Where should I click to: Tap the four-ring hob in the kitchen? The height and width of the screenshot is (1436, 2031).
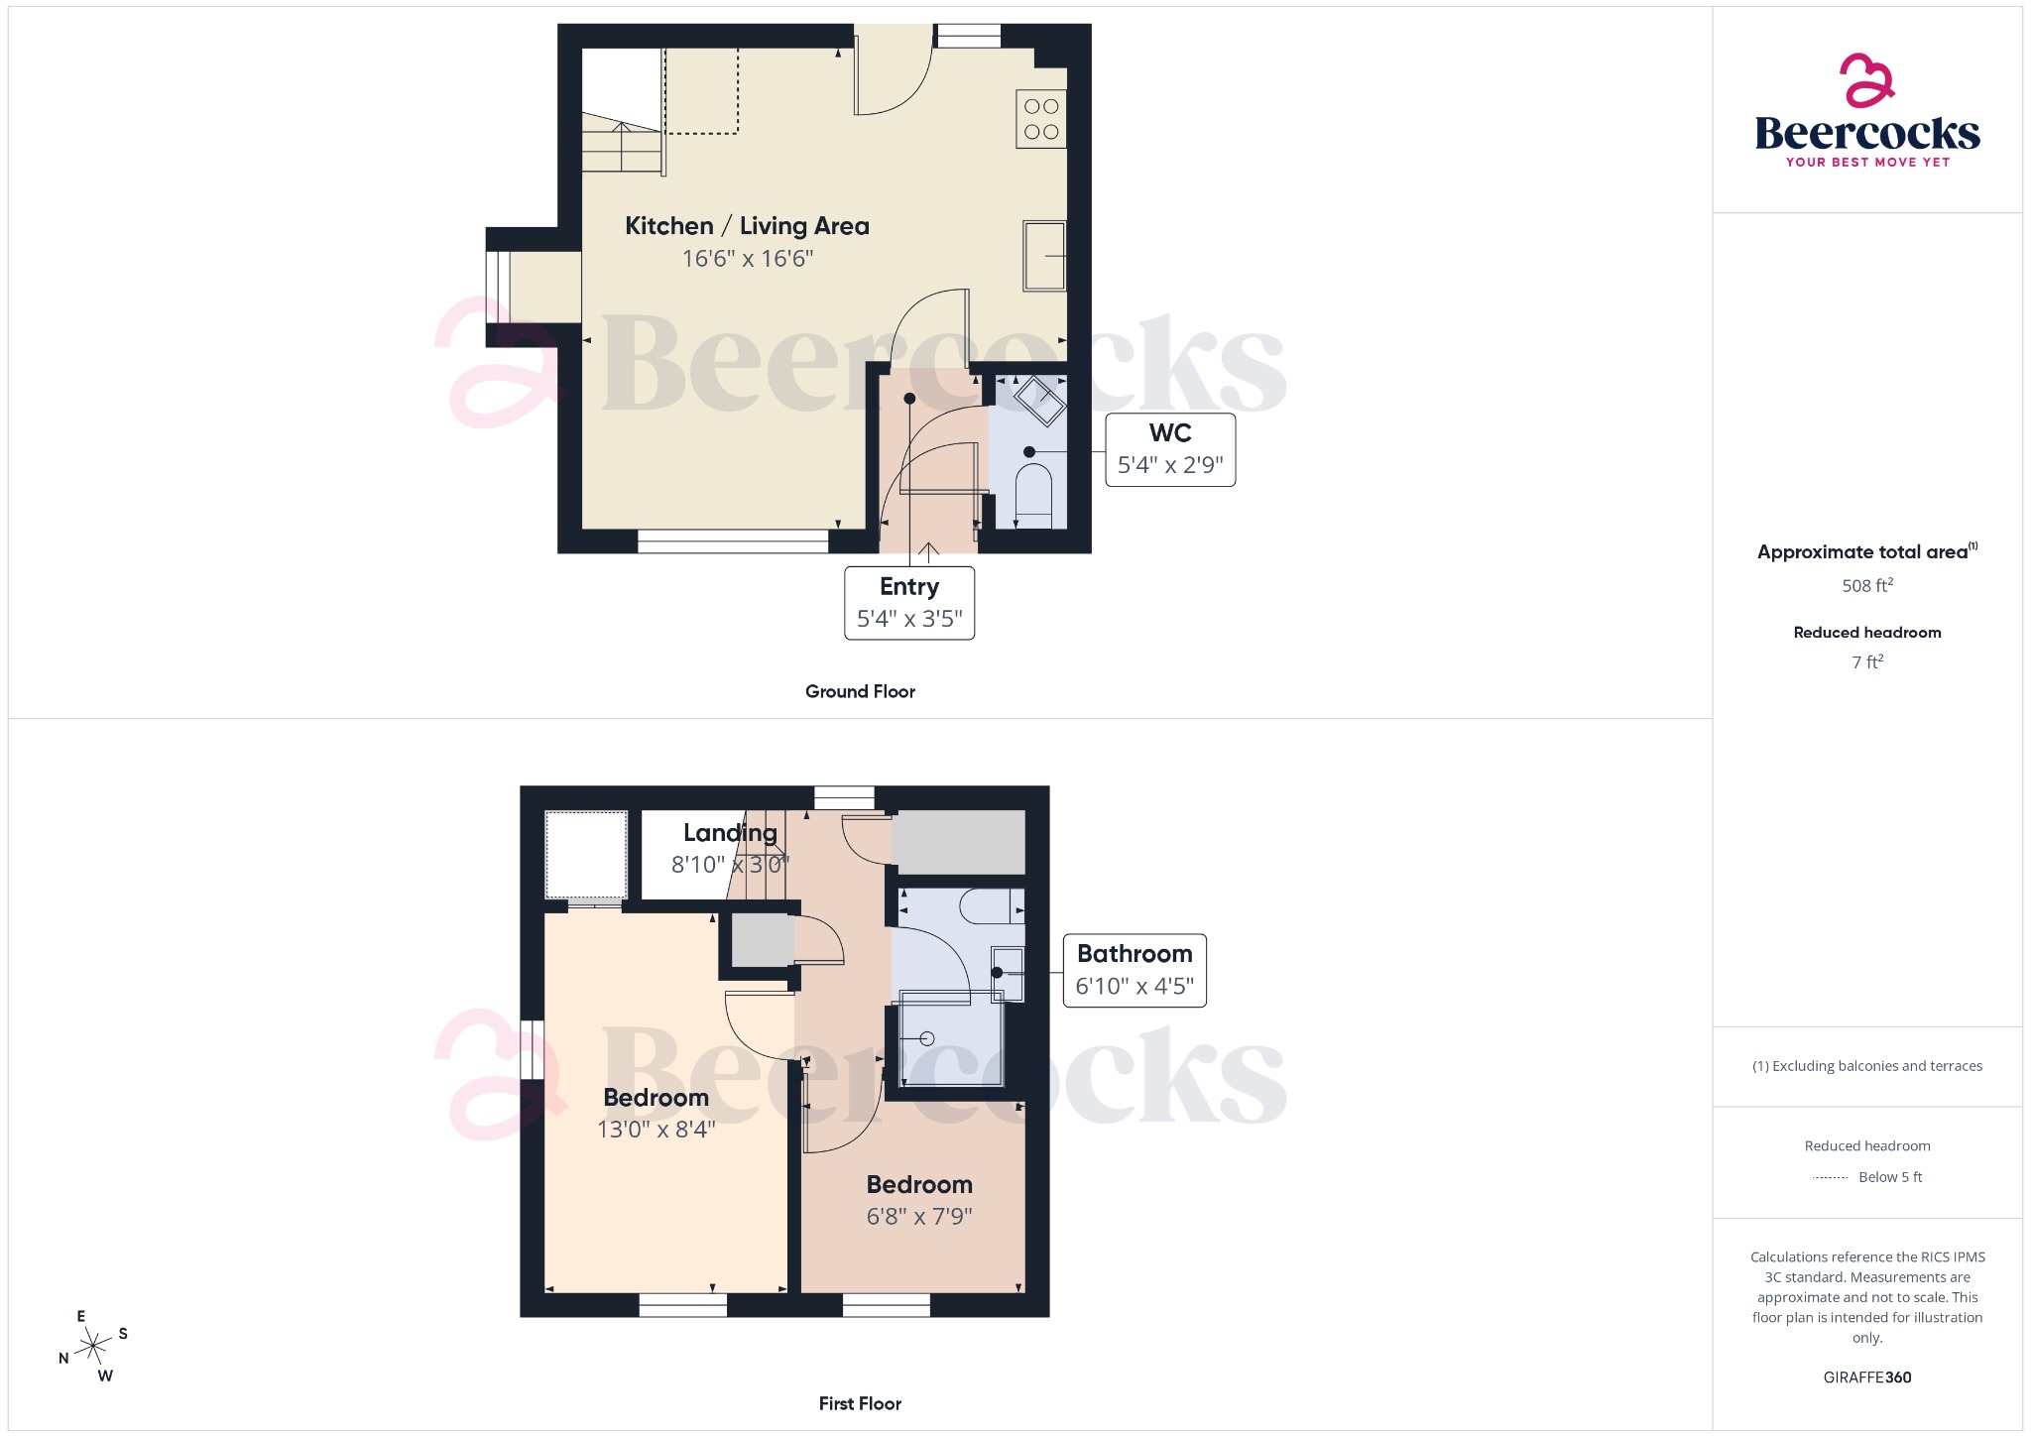(x=1041, y=119)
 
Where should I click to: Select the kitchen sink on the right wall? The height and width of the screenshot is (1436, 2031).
(x=1044, y=256)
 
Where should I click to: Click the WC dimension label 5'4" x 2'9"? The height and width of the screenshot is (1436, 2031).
(x=1170, y=465)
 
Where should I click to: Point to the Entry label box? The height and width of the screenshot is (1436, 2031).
(x=909, y=603)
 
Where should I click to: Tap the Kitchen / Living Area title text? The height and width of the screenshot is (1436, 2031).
(x=747, y=226)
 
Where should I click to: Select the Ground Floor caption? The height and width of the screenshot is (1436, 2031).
(x=860, y=691)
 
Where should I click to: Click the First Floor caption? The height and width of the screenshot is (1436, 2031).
(x=860, y=1403)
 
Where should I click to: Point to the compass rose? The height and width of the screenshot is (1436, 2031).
(x=93, y=1346)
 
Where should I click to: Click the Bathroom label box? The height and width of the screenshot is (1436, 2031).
(x=1135, y=970)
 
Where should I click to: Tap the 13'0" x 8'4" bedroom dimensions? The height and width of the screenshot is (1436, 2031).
(x=656, y=1130)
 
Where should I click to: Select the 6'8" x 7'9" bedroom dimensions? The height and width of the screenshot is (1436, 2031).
(x=919, y=1217)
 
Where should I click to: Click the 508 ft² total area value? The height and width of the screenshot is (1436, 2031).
(x=1867, y=586)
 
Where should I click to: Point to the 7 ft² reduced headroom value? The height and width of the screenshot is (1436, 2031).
(x=1867, y=662)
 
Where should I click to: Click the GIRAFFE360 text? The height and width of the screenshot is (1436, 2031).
(x=1867, y=1377)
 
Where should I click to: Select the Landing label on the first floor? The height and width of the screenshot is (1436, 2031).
(x=730, y=833)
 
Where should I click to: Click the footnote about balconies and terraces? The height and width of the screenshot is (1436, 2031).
(x=1867, y=1066)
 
